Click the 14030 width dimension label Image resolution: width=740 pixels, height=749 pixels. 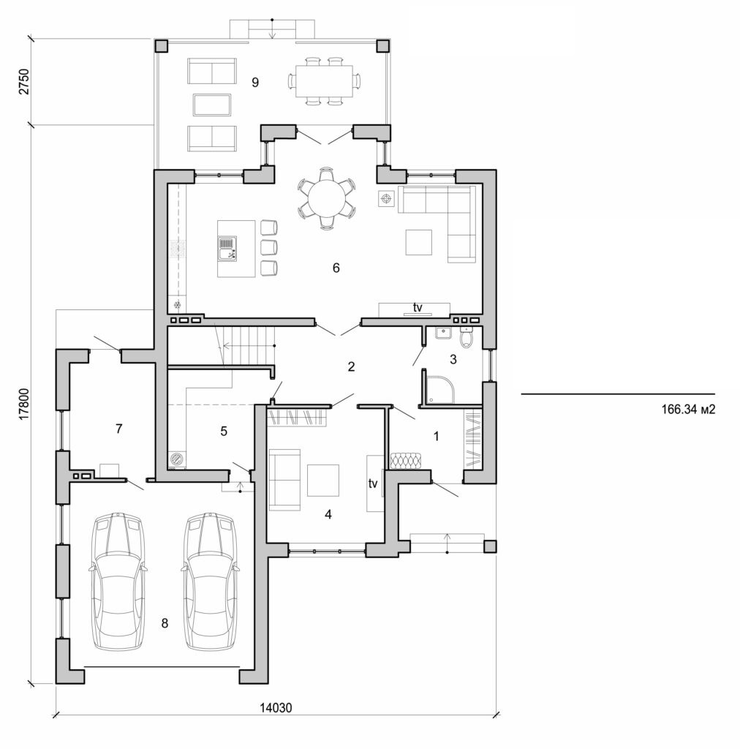[276, 707]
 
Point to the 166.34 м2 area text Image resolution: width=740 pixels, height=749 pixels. [687, 411]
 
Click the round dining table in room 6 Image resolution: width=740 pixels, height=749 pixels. [327, 197]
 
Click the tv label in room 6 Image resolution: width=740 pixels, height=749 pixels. [418, 308]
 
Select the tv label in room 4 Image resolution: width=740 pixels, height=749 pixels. [373, 483]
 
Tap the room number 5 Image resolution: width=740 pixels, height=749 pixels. [224, 432]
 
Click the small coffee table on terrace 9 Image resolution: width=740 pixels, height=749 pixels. [212, 105]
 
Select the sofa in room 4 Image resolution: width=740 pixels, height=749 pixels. [283, 480]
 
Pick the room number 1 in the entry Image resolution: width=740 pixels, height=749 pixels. [437, 437]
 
